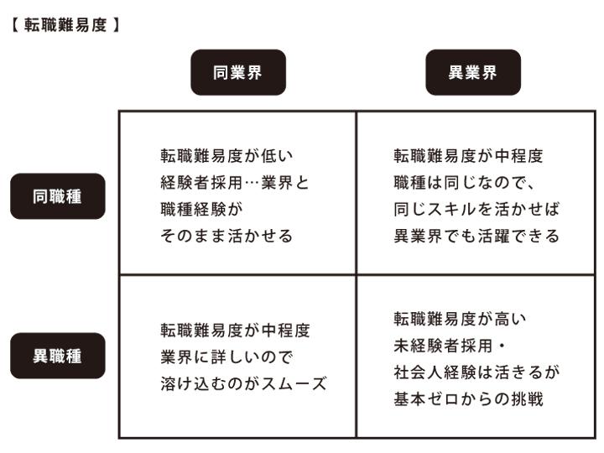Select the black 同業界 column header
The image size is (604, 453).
point(237,72)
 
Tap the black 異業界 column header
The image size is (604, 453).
point(473,72)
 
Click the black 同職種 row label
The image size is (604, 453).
point(58,196)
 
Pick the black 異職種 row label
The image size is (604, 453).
point(58,356)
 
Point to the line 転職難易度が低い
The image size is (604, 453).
point(226,155)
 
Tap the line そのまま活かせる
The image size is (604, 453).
point(226,236)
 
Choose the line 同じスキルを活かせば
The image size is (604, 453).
point(469,209)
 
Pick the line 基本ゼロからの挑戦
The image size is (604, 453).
point(469,399)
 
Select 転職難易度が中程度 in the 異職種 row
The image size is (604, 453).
point(235,331)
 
